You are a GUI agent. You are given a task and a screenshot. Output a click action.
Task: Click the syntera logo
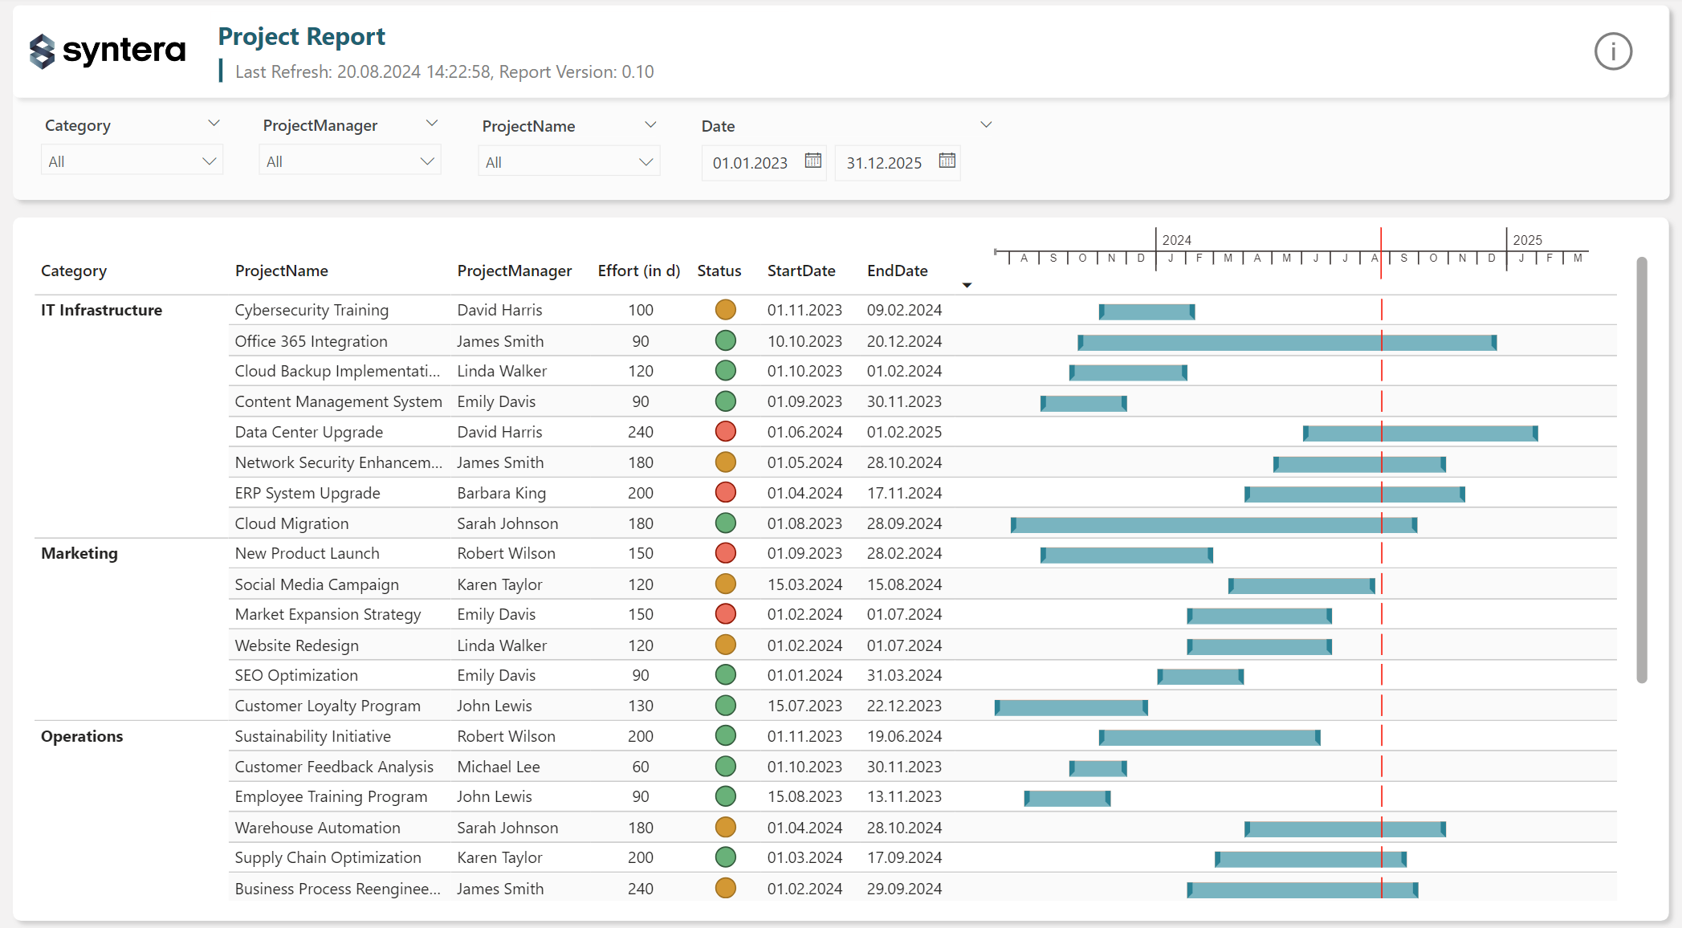[x=108, y=51]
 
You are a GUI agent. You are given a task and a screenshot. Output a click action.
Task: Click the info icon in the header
[x=1612, y=52]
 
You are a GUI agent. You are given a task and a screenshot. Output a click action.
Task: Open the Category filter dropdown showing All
[x=132, y=161]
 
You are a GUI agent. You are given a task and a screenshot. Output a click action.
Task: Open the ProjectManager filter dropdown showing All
[x=350, y=161]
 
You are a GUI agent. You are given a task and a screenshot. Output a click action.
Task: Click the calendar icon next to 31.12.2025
[x=947, y=161]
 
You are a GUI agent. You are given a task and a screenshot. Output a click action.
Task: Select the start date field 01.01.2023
[x=750, y=163]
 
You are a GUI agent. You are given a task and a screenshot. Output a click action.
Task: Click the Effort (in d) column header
[x=638, y=271]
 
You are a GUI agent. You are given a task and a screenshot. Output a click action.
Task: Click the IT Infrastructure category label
[x=101, y=311]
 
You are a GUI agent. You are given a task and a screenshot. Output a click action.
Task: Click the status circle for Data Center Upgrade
[x=725, y=432]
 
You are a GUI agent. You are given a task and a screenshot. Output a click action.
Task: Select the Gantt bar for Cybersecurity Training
[x=1146, y=311]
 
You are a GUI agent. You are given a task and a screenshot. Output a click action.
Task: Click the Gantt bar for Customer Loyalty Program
[x=1070, y=707]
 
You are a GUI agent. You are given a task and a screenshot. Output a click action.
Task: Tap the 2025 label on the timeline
[x=1526, y=240]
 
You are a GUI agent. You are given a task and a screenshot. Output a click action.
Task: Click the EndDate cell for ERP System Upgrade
[x=904, y=493]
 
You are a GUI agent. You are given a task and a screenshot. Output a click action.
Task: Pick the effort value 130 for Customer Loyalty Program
[x=640, y=706]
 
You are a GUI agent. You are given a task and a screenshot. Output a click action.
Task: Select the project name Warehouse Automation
[x=317, y=828]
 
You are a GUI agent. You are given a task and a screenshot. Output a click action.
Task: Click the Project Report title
[x=301, y=37]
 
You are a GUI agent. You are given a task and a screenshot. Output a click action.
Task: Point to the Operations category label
[x=82, y=737]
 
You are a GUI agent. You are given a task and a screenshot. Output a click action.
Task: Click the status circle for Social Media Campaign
[x=725, y=584]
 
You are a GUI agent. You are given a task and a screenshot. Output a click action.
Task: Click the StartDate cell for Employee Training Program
[x=804, y=797]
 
